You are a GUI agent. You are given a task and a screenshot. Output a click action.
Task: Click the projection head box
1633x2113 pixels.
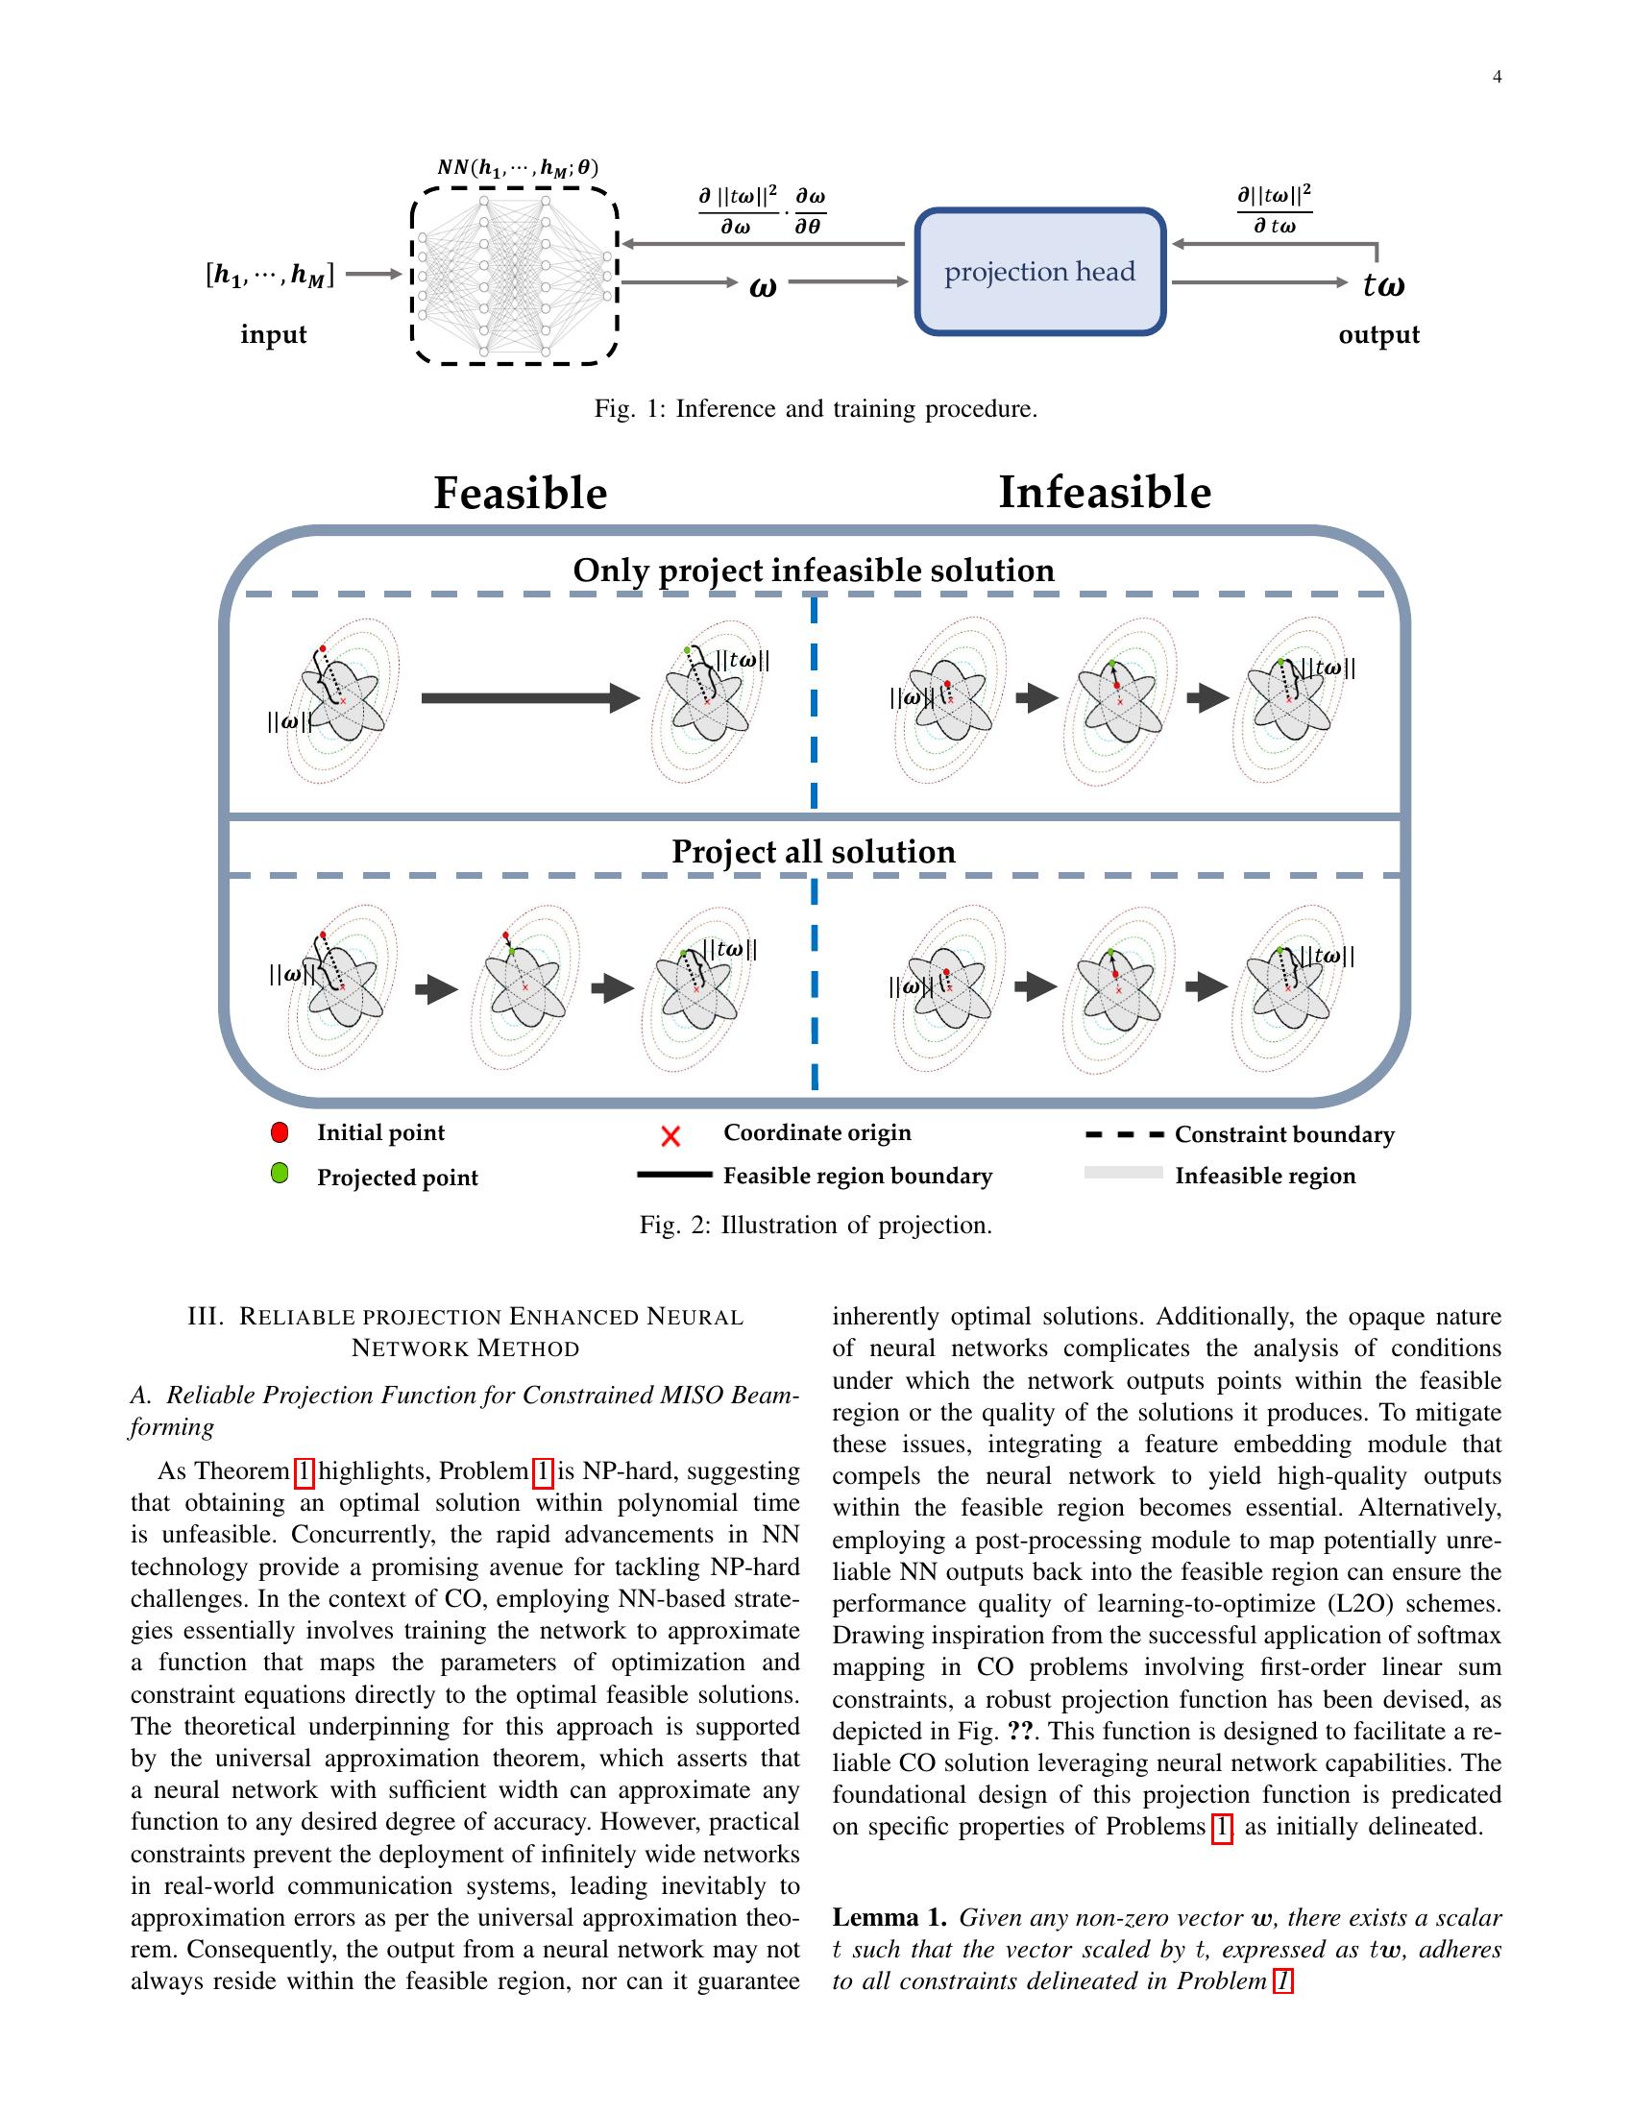pyautogui.click(x=1040, y=272)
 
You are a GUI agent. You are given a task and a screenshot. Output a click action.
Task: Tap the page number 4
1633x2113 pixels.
pyautogui.click(x=1497, y=78)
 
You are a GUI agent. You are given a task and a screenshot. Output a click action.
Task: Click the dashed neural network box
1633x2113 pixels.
pyautogui.click(x=515, y=276)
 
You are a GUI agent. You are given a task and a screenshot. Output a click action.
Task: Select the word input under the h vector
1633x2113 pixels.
pyautogui.click(x=273, y=335)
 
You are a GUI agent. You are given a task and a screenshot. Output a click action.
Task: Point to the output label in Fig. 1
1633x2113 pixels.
pyautogui.click(x=1378, y=335)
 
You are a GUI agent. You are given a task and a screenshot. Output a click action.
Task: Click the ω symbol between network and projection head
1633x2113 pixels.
pyautogui.click(x=764, y=286)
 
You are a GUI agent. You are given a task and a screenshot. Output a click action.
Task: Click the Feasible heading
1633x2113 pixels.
pyautogui.click(x=521, y=494)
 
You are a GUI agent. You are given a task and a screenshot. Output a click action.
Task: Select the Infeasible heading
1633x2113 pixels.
pyautogui.click(x=1105, y=493)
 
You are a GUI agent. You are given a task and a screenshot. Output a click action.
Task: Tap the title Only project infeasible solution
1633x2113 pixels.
pyautogui.click(x=814, y=570)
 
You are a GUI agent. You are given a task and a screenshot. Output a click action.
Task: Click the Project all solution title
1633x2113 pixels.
pyautogui.click(x=814, y=851)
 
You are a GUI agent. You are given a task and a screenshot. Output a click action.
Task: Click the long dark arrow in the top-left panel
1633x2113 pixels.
pyautogui.click(x=530, y=697)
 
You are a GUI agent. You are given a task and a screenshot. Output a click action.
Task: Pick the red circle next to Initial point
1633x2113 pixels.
pyautogui.click(x=280, y=1132)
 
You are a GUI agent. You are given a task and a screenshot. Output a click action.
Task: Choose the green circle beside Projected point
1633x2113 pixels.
pyautogui.click(x=280, y=1175)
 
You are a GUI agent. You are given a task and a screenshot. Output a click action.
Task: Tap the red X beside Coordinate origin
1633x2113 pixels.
pyautogui.click(x=670, y=1136)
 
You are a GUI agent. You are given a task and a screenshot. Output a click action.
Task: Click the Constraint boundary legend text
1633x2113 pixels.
pyautogui.click(x=1283, y=1135)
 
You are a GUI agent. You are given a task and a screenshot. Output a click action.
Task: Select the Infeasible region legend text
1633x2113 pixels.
pyautogui.click(x=1264, y=1177)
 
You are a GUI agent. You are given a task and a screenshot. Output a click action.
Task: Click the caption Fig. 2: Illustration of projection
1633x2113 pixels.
pyautogui.click(x=816, y=1226)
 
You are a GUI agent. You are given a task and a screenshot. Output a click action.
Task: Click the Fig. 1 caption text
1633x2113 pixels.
pyautogui.click(x=816, y=409)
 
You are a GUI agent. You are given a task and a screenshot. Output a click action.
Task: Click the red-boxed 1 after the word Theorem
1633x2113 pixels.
pyautogui.click(x=304, y=1471)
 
